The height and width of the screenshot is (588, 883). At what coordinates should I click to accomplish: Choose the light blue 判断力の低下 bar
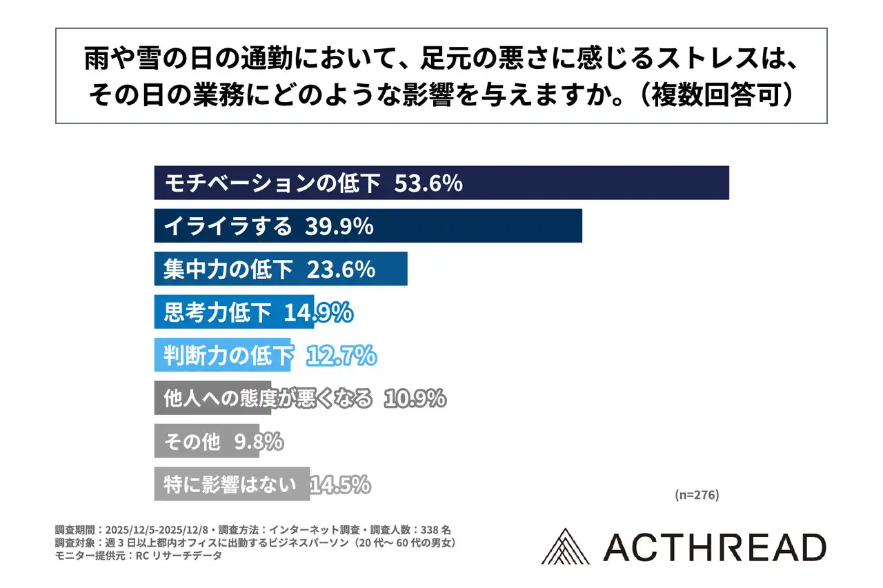pos(222,356)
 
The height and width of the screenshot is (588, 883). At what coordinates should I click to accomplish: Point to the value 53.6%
pos(428,183)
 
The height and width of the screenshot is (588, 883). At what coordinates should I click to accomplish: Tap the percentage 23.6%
pos(341,270)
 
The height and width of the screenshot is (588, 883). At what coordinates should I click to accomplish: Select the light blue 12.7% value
pos(341,356)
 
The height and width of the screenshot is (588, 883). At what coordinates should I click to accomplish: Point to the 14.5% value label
pos(340,485)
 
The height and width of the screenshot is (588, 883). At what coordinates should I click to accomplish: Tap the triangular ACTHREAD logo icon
pos(566,547)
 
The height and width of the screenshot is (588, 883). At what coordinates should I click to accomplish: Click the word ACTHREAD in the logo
pos(714,547)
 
